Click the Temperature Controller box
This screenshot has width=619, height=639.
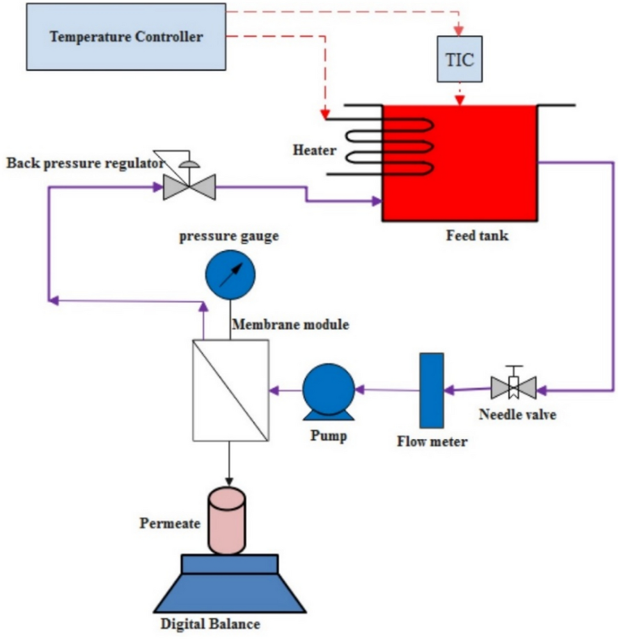(x=126, y=36)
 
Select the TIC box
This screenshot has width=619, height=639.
(x=459, y=60)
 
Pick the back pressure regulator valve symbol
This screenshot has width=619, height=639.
(x=189, y=187)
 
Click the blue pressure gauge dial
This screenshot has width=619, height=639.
(x=230, y=275)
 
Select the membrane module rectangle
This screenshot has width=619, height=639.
(x=230, y=390)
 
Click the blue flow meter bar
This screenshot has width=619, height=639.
(x=431, y=390)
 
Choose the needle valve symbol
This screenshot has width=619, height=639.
(x=513, y=387)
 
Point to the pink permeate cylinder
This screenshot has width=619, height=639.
(x=226, y=521)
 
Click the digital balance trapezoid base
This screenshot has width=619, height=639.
(x=230, y=591)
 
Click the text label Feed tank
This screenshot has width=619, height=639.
(x=477, y=236)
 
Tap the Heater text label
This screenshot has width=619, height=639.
(x=314, y=151)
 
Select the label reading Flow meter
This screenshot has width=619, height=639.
(x=432, y=441)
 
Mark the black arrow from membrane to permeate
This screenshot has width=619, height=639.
(x=229, y=463)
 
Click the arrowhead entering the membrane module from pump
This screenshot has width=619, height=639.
(x=274, y=389)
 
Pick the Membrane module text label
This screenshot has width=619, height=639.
(x=290, y=325)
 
